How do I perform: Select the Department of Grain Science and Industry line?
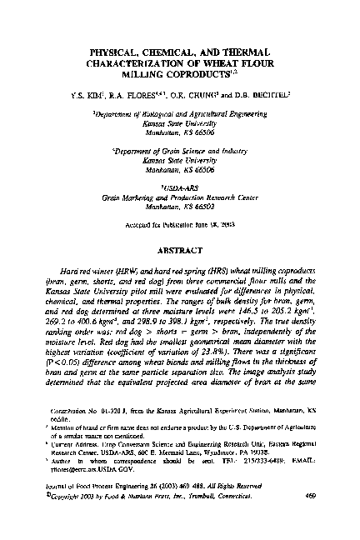(x=180, y=153)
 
